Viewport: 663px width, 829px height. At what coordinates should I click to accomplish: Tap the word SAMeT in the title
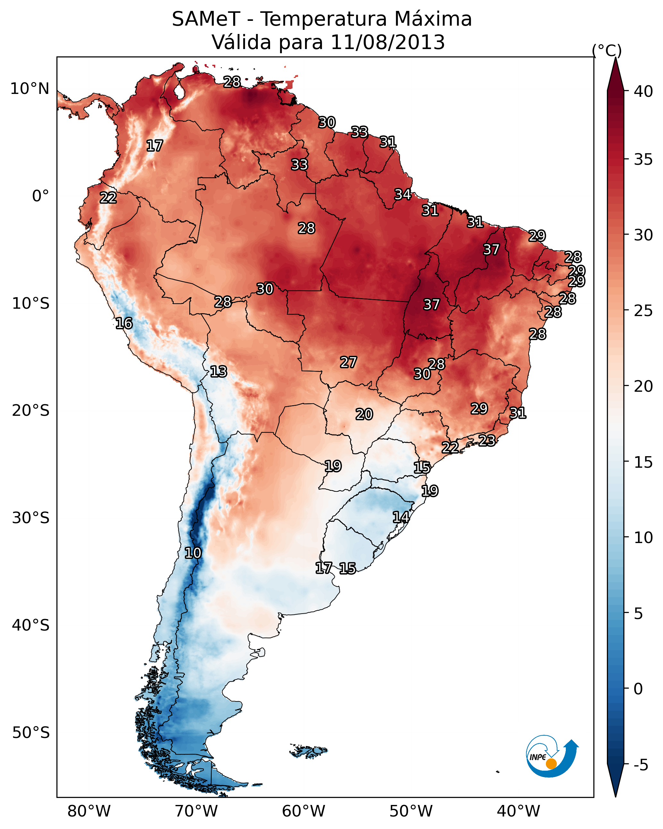coord(206,19)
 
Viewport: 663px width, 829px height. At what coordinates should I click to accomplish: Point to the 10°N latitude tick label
coord(30,89)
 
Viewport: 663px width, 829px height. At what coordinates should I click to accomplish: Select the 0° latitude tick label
coord(40,196)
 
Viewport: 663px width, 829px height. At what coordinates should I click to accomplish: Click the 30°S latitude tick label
coord(31,518)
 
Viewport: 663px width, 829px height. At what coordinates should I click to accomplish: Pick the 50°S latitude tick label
coord(31,733)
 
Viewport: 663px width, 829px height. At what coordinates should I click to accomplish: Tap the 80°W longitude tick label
coord(89,811)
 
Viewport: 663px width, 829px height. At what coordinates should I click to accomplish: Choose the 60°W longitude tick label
coord(304,811)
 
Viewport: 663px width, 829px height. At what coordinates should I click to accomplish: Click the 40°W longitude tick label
coord(518,811)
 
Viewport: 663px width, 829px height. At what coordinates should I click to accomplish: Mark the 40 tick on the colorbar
coord(643,91)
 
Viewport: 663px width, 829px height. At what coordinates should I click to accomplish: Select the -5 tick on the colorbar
coord(641,765)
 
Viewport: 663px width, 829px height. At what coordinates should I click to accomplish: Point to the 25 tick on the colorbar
coord(643,311)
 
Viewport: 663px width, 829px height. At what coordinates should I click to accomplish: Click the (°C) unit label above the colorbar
coord(607,50)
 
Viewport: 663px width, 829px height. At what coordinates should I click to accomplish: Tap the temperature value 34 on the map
coord(403,195)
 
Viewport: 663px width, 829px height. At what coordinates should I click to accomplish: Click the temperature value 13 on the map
coord(218,372)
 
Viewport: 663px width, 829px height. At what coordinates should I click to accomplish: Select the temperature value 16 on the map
coord(124,323)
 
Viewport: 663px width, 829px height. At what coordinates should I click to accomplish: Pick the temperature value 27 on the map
coord(348,362)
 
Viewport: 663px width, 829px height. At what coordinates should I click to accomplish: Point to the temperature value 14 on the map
coord(401,517)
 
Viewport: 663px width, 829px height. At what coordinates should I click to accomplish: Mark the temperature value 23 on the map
coord(487,440)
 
